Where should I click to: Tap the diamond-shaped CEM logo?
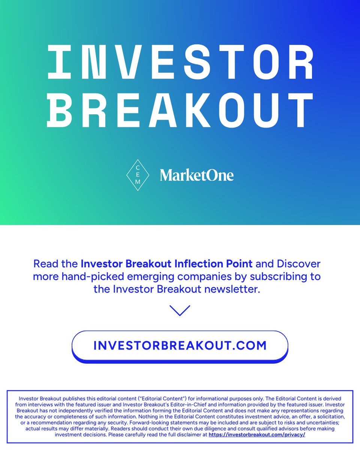(138, 175)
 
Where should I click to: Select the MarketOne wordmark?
(196, 175)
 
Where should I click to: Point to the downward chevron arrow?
(180, 310)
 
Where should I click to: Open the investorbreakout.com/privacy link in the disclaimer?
(257, 434)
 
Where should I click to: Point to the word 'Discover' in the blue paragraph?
(299, 264)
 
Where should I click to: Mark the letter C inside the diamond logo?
(138, 168)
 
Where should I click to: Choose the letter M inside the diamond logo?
(138, 182)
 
